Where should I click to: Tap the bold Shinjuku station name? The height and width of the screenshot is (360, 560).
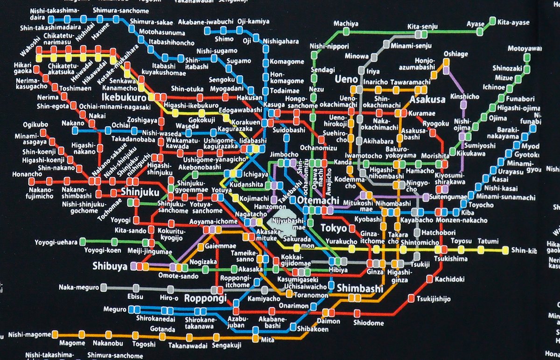(x=140, y=192)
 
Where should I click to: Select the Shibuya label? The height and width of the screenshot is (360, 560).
(x=110, y=266)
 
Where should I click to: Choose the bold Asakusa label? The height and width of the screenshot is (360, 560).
(x=425, y=99)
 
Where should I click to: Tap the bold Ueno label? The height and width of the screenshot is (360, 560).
(x=346, y=80)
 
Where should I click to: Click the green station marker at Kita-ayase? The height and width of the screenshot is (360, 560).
(x=492, y=21)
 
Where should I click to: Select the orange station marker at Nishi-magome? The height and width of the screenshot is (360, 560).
(x=56, y=334)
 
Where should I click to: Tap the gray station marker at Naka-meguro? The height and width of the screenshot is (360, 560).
(x=104, y=287)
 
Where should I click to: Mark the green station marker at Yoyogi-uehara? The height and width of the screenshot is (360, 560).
(x=83, y=241)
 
